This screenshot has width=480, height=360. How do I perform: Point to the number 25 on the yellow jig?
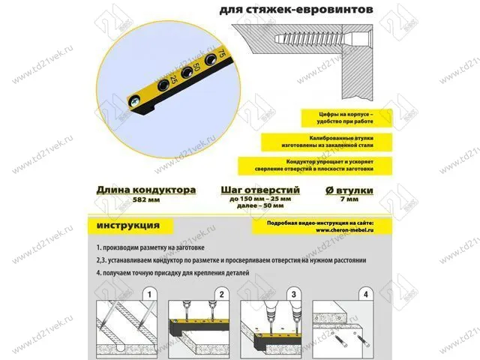point(173,77)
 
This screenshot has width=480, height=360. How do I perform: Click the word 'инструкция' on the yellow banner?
point(127,224)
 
